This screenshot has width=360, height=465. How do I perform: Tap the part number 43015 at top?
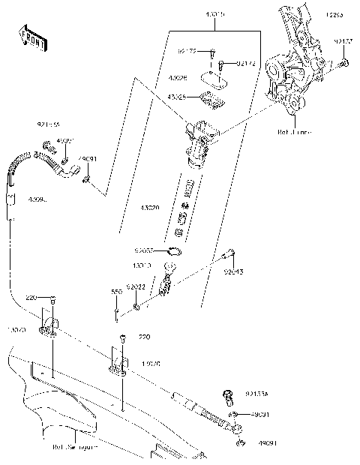217,14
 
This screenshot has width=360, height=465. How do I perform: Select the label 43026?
178,78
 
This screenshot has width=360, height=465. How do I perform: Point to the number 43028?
178,97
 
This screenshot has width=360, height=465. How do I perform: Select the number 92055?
145,251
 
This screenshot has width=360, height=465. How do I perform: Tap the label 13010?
142,266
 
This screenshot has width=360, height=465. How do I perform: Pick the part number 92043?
232,272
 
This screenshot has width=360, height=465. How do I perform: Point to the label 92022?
136,286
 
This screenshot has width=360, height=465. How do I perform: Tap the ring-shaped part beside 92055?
171,252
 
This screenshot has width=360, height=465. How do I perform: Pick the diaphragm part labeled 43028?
212,97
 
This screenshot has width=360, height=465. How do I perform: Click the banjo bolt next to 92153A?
228,394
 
